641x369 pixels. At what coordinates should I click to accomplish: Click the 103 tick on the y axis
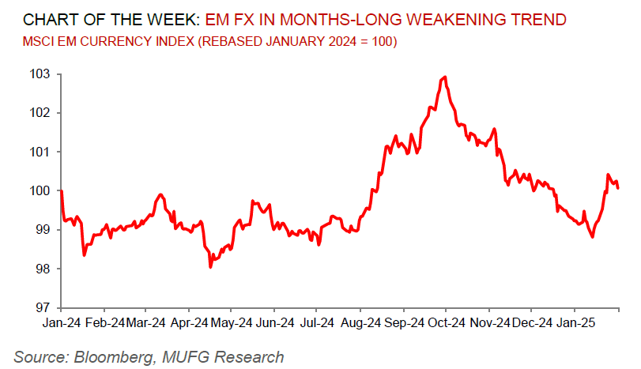[x=40, y=73]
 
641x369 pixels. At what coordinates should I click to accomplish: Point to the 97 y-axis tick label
[x=43, y=307]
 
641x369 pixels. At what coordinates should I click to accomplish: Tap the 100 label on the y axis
[x=40, y=190]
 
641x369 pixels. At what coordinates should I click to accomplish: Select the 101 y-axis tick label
[x=40, y=152]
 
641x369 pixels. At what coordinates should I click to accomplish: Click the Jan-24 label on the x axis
[x=62, y=322]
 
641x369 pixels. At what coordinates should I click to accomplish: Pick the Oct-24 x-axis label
[x=446, y=322]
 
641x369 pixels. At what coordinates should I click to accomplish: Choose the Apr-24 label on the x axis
[x=190, y=322]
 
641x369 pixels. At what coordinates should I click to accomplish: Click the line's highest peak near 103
[x=446, y=77]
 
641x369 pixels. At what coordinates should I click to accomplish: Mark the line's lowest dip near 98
[x=210, y=267]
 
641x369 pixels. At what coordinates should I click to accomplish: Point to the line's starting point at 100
[x=62, y=191]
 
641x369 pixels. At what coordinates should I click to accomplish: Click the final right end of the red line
[x=618, y=188]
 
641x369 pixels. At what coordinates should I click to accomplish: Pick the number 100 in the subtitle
[x=380, y=40]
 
